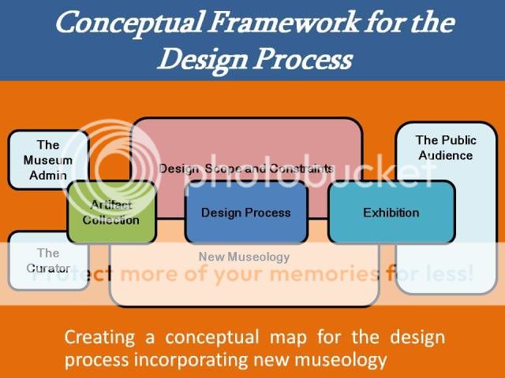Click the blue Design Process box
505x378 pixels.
[245, 213]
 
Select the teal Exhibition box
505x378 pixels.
[391, 213]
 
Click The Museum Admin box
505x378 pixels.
[48, 160]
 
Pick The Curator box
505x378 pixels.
[48, 261]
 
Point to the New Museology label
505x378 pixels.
[244, 257]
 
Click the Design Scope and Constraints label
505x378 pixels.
[246, 169]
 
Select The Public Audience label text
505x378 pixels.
[446, 148]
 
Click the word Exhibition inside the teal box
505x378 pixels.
[391, 213]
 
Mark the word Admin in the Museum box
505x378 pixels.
[48, 175]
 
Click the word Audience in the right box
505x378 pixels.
[446, 155]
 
